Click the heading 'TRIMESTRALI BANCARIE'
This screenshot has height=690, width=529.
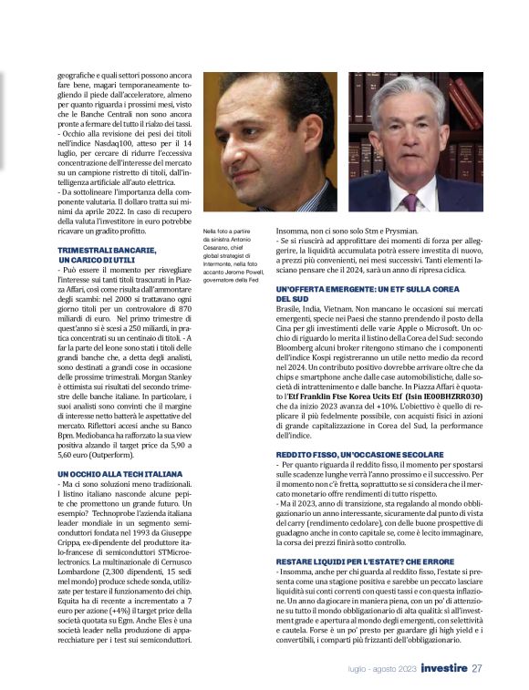click(x=107, y=250)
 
